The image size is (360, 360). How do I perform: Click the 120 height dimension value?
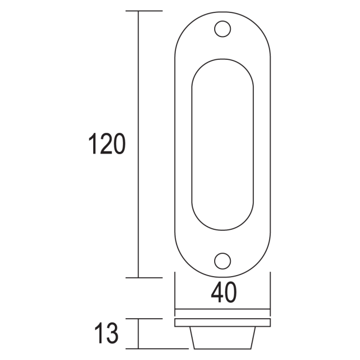[107, 144]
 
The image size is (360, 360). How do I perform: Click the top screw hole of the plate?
[222, 29]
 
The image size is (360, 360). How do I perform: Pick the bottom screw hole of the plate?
[222, 261]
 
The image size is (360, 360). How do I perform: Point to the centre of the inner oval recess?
[222, 145]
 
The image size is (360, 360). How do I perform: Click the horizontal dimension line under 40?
[222, 310]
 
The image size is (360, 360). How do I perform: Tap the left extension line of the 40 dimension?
[175, 294]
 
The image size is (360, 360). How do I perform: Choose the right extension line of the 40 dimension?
[269, 294]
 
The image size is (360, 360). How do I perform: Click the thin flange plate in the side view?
[222, 322]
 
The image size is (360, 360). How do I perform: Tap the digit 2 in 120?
[107, 144]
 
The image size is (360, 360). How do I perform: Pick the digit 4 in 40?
[217, 293]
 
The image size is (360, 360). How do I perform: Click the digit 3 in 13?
[112, 333]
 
